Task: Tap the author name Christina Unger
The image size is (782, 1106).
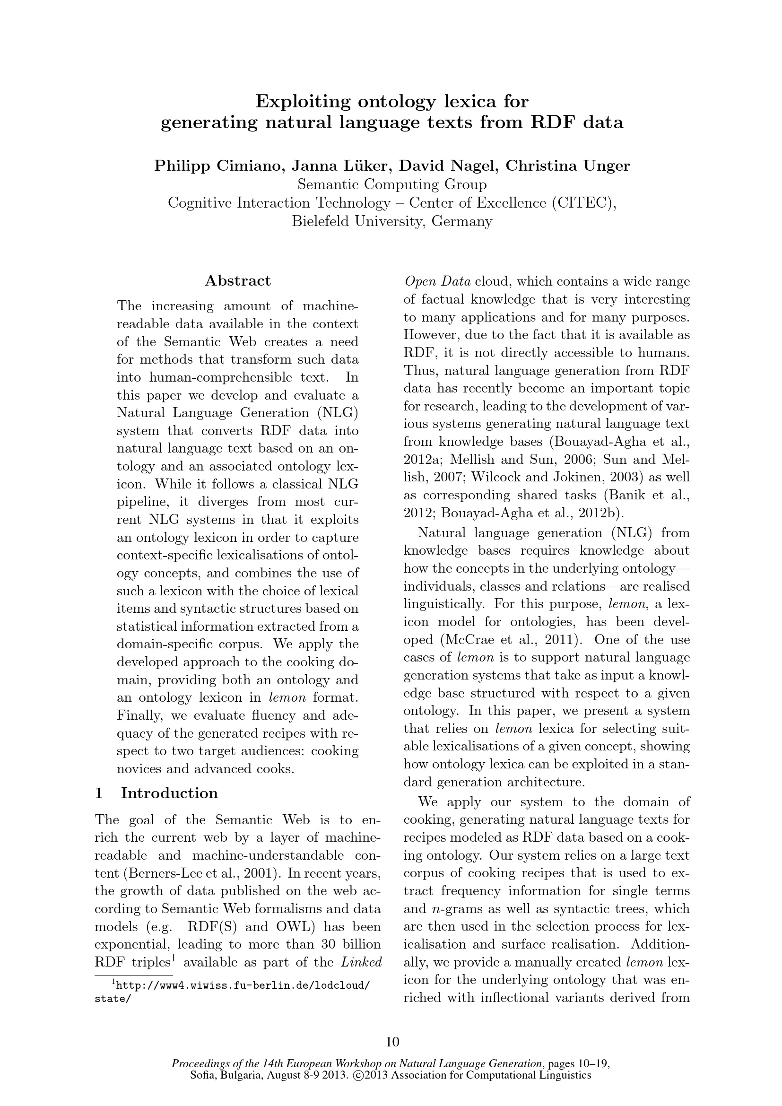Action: [567, 166]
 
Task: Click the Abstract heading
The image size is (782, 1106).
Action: [238, 281]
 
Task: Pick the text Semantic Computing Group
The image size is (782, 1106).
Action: [392, 185]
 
